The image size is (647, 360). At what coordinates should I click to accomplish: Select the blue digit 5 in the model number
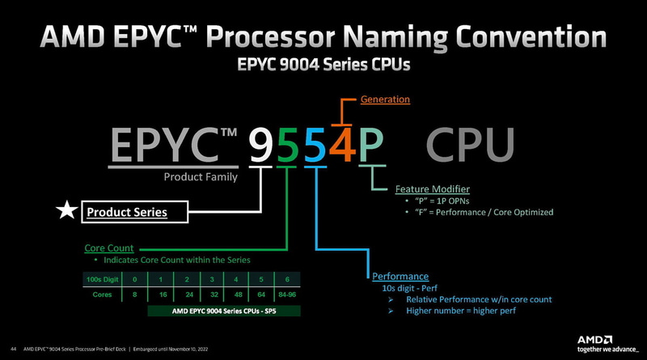[x=316, y=146]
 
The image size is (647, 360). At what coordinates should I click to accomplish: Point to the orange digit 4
[x=344, y=146]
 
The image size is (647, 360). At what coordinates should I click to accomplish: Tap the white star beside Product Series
[x=65, y=212]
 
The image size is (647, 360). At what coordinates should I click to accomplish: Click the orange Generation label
[x=385, y=100]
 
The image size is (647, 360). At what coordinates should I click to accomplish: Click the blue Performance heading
[x=400, y=276]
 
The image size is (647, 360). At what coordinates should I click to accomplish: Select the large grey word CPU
[x=470, y=146]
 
